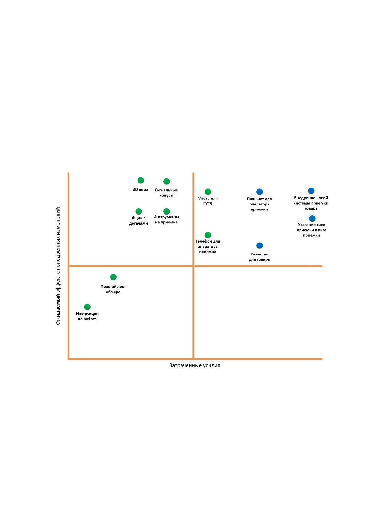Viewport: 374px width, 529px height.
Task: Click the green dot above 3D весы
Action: click(140, 180)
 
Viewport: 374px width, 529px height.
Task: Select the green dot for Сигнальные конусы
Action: click(166, 181)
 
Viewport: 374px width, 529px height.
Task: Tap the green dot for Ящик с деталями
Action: click(138, 211)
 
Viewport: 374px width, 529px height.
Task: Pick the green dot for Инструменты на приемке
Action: click(166, 211)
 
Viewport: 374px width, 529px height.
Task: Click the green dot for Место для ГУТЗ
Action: click(208, 192)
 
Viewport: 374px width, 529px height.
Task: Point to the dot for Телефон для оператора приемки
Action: click(208, 235)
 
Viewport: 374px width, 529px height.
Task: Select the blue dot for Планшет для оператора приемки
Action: click(259, 192)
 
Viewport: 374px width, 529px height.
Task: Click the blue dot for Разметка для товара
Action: click(259, 246)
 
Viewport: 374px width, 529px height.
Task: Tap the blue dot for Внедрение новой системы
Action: click(311, 191)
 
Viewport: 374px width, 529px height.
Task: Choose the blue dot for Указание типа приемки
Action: click(312, 219)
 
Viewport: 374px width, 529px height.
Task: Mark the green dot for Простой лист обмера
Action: click(113, 277)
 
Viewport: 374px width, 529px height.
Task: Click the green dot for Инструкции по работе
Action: click(87, 307)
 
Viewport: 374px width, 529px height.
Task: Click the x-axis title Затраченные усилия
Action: click(195, 366)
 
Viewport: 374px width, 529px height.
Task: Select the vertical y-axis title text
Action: click(58, 266)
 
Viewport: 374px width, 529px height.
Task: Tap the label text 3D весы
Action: click(140, 190)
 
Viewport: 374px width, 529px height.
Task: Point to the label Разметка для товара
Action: click(259, 257)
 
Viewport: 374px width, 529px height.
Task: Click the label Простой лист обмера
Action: click(113, 289)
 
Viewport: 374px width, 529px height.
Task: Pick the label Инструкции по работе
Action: click(87, 316)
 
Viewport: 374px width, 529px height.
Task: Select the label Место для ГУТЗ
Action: click(208, 201)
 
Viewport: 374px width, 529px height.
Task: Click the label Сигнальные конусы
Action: click(166, 193)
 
